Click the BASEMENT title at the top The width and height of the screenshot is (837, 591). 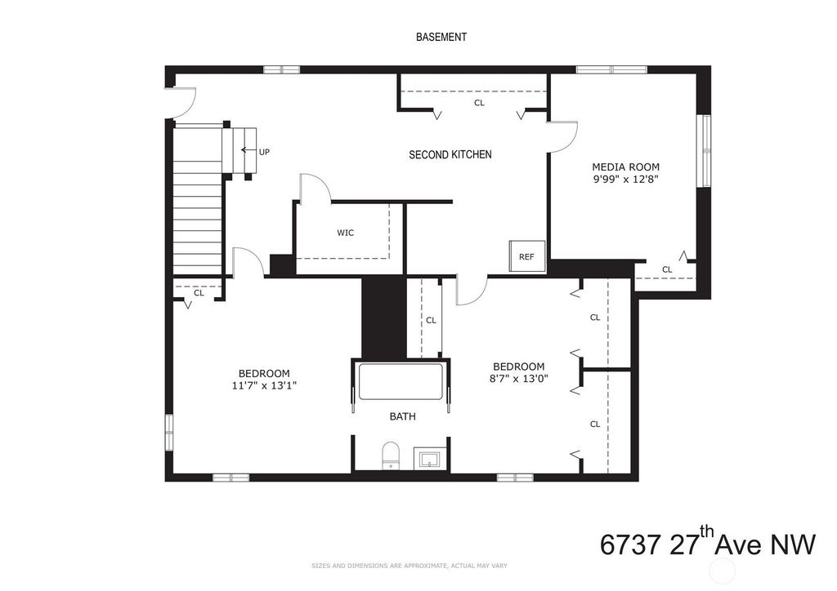(441, 37)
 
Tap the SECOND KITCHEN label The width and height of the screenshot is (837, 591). (450, 154)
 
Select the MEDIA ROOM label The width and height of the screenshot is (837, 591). (625, 167)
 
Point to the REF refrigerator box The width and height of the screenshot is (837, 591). (527, 256)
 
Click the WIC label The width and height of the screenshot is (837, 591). (346, 233)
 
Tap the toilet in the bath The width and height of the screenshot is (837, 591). (392, 456)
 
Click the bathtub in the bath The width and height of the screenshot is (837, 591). (401, 381)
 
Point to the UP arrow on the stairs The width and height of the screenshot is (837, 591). (248, 150)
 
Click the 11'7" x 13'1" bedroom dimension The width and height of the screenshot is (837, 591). (264, 385)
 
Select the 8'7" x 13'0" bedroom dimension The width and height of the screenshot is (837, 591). (519, 379)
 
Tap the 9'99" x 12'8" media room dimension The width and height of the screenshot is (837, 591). (625, 179)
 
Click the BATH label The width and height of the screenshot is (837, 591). (402, 417)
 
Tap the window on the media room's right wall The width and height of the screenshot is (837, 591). (705, 151)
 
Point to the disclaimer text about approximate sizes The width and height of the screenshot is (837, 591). (410, 566)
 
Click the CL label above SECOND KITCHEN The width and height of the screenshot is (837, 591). (479, 103)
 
